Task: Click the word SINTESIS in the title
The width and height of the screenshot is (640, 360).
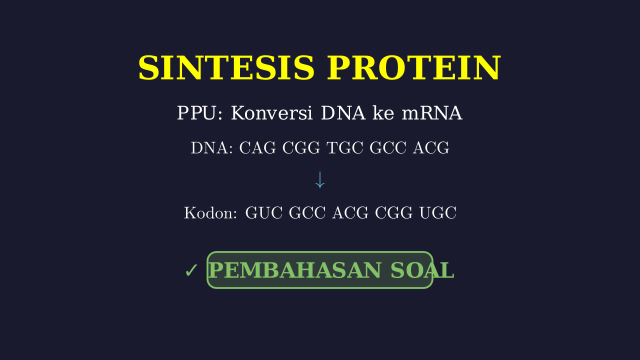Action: pos(226,68)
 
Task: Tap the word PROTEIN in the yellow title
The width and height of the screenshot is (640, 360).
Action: pos(413,68)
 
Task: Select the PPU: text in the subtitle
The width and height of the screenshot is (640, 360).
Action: pos(199,113)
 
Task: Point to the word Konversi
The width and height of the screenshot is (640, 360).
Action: pos(271,113)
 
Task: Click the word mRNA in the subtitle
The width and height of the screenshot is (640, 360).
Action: pos(432,113)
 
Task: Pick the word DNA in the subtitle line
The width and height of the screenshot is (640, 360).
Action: pos(343,113)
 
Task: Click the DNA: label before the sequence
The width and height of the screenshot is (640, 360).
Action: pos(211,148)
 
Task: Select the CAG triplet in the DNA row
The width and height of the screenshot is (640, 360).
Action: pos(257,148)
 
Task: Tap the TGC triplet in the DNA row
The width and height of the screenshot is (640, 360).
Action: pos(345,148)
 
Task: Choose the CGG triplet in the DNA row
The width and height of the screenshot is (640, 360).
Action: pos(301,148)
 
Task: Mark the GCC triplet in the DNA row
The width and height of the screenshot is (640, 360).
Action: pos(388,148)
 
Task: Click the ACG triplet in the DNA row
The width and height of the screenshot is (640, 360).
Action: pos(431,148)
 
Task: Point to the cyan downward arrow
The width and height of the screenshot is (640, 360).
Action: pos(320,180)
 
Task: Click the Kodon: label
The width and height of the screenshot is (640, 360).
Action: pos(210,213)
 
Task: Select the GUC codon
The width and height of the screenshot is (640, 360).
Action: pos(264,213)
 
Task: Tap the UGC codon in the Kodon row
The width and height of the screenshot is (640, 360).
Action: pos(437,213)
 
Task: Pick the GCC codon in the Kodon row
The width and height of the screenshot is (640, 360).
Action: pos(307,213)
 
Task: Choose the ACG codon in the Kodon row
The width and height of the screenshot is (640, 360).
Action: pos(350,213)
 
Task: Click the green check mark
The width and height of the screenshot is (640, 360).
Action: pos(191,270)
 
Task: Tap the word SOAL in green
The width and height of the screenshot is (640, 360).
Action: pos(422,270)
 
